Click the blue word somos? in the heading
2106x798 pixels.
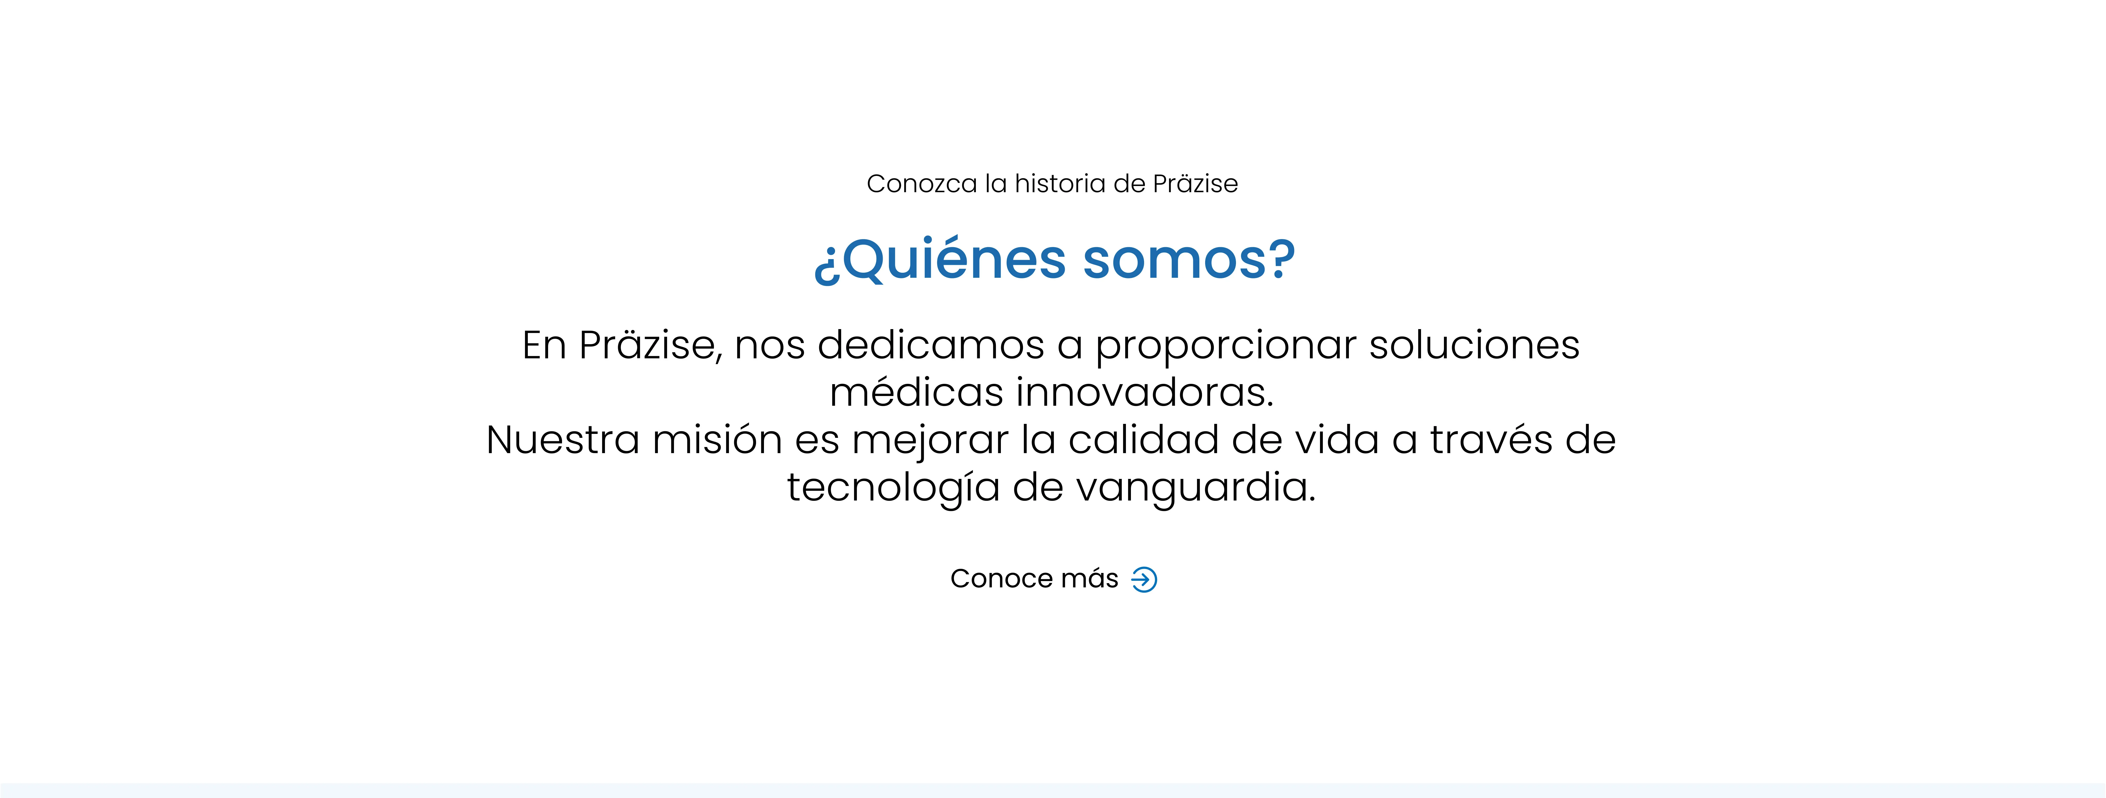tap(1190, 260)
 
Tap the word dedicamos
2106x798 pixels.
tap(931, 345)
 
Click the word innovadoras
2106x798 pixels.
tap(1145, 393)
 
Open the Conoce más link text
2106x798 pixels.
tap(1034, 579)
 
